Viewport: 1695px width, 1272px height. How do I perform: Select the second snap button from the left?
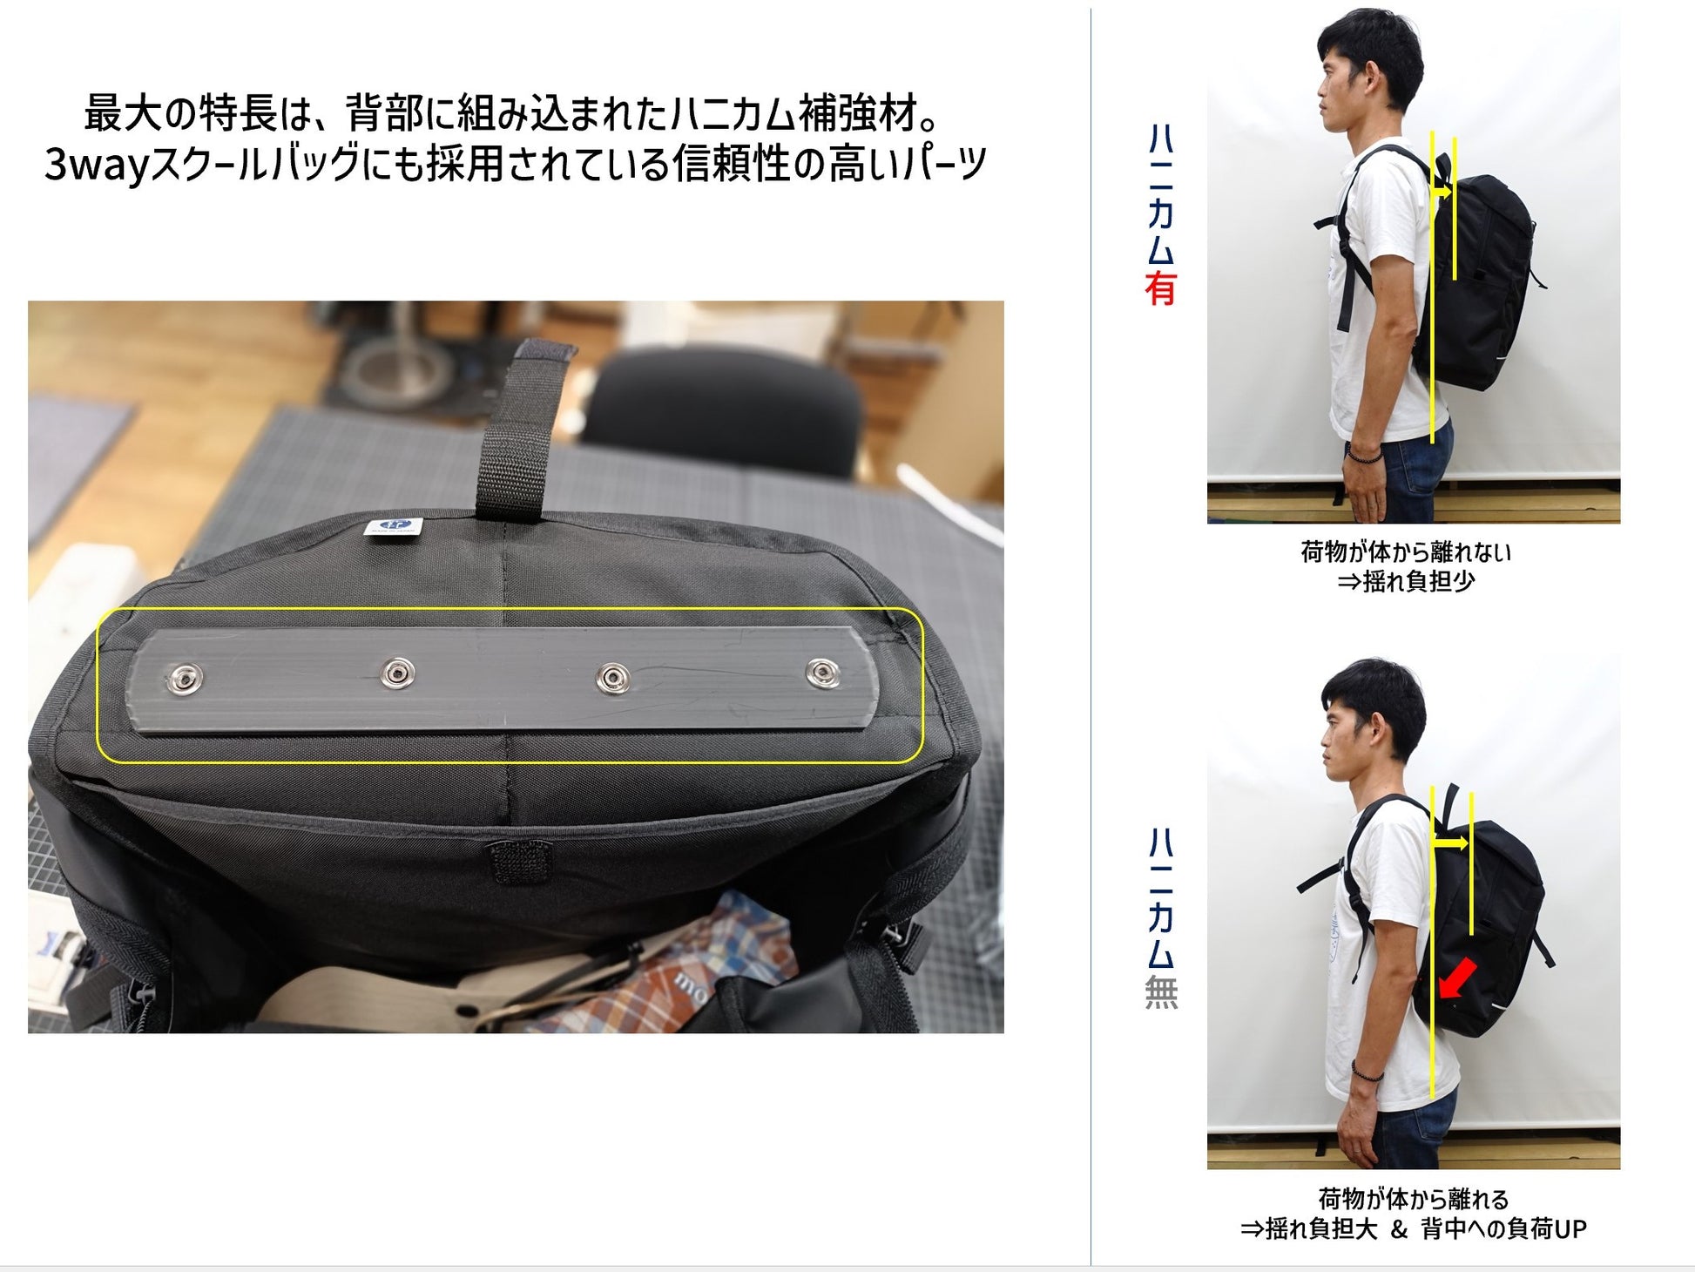coord(398,672)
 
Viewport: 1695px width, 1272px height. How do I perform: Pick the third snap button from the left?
coord(613,677)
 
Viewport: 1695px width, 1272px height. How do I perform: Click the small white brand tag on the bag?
coord(393,526)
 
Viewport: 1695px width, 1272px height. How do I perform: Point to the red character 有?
coord(1161,288)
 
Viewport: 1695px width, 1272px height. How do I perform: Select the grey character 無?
coord(1161,991)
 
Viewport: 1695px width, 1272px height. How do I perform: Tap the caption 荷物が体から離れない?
coord(1406,551)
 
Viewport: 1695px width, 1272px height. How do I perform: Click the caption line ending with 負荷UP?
coord(1414,1228)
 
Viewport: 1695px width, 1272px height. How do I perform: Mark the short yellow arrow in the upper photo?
coord(1442,190)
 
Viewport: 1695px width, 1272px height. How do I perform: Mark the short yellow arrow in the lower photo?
coord(1450,843)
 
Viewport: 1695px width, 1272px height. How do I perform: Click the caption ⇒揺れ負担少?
coord(1406,581)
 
